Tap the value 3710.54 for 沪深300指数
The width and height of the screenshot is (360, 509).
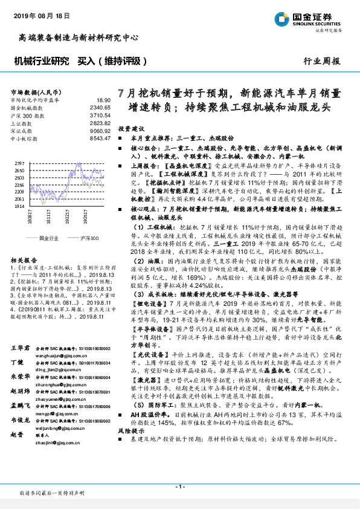click(100, 115)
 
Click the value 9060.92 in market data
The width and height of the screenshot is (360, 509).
click(100, 131)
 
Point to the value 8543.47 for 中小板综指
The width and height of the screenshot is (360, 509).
click(100, 138)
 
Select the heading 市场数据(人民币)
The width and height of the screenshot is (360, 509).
click(34, 91)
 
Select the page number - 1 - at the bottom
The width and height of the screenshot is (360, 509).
click(179, 487)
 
